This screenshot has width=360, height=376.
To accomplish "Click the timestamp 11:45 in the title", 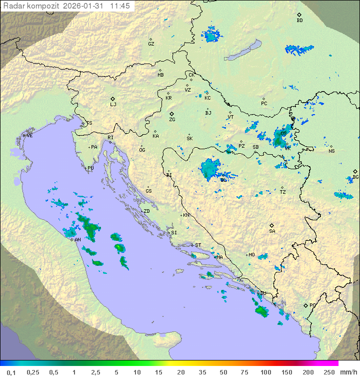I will pyautogui.click(x=120, y=6).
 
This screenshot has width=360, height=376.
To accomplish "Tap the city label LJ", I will pyautogui.click(x=113, y=105).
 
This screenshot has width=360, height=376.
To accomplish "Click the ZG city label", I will pyautogui.click(x=172, y=120).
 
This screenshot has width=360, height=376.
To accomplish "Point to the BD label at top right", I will pyautogui.click(x=299, y=21).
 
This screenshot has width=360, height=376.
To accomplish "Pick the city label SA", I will pyautogui.click(x=272, y=231).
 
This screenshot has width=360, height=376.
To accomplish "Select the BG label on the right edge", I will pyautogui.click(x=355, y=177).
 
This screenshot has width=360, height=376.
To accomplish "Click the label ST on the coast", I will pyautogui.click(x=198, y=245).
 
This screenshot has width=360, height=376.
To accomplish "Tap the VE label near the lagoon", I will pyautogui.click(x=29, y=136).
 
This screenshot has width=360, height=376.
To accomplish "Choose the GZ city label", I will pyautogui.click(x=151, y=44).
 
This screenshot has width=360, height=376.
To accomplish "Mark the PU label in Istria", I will pyautogui.click(x=90, y=168).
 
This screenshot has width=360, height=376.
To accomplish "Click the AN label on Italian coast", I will pyautogui.click(x=77, y=240).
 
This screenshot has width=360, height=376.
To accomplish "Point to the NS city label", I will pyautogui.click(x=331, y=151).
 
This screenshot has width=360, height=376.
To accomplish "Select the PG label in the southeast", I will pyautogui.click(x=312, y=305).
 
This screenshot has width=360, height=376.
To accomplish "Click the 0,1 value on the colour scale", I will pyautogui.click(x=11, y=372).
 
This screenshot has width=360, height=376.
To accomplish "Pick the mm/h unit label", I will pyautogui.click(x=347, y=372).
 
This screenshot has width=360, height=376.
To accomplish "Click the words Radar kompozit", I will pyautogui.click(x=30, y=6).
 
